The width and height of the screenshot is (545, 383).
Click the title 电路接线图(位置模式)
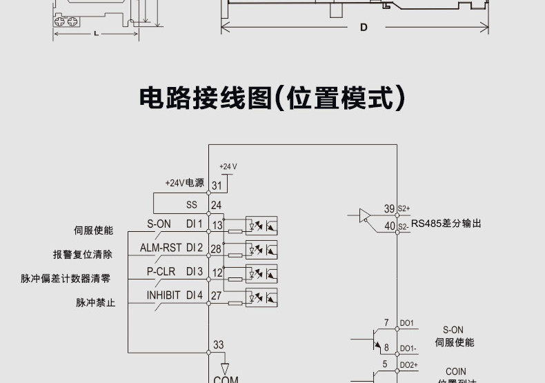[x=272, y=99]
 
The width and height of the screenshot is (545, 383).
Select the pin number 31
[x=216, y=186]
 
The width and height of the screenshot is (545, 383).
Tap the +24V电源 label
[x=184, y=183]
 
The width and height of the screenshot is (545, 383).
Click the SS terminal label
[x=192, y=205]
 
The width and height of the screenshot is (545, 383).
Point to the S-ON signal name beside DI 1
[x=159, y=224]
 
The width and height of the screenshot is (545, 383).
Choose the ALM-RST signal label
[x=161, y=247]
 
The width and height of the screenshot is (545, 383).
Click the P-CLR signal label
[x=161, y=271]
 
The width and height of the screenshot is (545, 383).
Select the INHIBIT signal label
[x=163, y=295]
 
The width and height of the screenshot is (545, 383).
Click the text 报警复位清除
[x=82, y=254]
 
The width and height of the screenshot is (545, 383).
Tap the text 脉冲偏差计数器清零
[x=65, y=279]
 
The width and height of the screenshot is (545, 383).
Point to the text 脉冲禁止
[x=95, y=302]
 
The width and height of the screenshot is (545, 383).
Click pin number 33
[x=218, y=345]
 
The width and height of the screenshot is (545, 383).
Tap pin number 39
[x=389, y=208]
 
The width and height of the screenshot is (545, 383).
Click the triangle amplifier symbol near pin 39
[x=364, y=216]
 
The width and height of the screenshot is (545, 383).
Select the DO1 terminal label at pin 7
[x=406, y=323]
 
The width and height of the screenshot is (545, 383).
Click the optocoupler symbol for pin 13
[x=261, y=224]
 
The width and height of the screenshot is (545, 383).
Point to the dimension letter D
[x=363, y=28]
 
